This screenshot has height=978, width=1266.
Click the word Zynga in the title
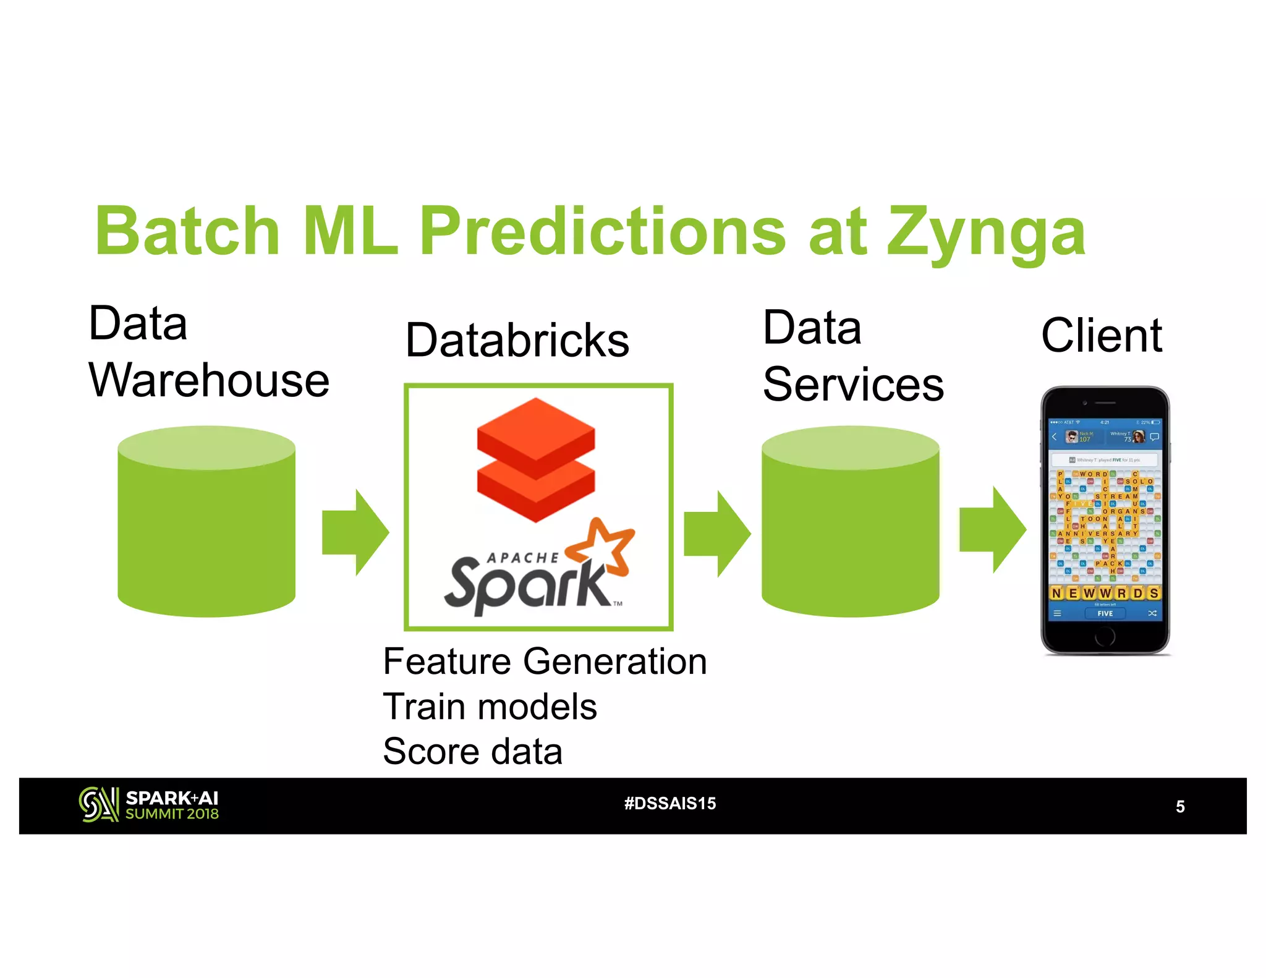(986, 233)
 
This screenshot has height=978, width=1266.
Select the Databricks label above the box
(517, 341)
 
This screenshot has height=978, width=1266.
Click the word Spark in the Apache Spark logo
(525, 584)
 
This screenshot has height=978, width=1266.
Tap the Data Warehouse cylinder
(206, 522)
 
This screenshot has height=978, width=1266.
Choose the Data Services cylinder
(850, 522)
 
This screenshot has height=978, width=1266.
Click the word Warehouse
(209, 381)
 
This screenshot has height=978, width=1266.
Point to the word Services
(853, 385)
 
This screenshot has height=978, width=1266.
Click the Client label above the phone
(1102, 336)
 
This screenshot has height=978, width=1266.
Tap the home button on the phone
(1105, 636)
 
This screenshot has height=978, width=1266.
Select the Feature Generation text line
(545, 661)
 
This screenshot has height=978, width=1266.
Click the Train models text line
(490, 707)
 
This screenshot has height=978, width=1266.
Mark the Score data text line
(472, 752)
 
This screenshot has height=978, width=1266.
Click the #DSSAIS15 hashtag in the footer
(670, 804)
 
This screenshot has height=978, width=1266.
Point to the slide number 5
(1180, 807)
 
